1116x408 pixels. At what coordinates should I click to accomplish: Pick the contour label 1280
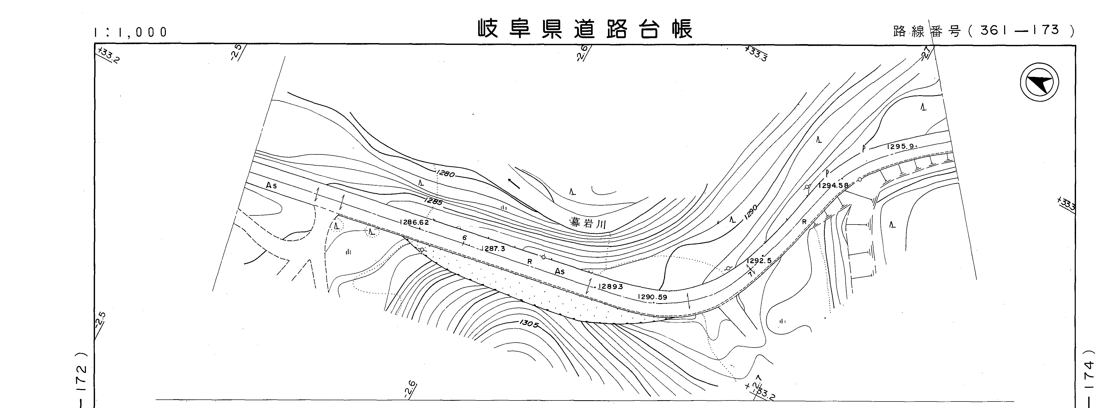coord(446,174)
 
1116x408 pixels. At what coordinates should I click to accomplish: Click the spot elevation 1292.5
coord(759,261)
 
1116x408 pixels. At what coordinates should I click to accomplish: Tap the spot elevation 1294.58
coord(833,185)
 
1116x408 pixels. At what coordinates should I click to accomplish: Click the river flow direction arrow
coord(514,184)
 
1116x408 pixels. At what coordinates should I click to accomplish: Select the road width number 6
coord(464,238)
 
